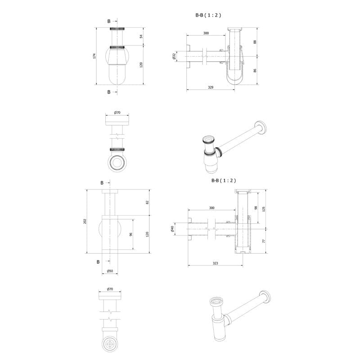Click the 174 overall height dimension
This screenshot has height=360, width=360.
point(94,56)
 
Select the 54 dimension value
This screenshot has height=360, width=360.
point(141,36)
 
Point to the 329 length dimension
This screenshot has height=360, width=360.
point(211,87)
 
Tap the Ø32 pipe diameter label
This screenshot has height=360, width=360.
point(174,56)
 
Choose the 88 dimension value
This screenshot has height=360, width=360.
point(255,42)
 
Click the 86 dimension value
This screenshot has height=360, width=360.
point(255,71)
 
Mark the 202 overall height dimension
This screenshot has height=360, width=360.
point(85,221)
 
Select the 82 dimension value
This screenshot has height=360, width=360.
point(148,202)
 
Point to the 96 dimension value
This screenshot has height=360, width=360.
point(131,234)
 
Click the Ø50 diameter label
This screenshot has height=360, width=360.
point(110,271)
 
